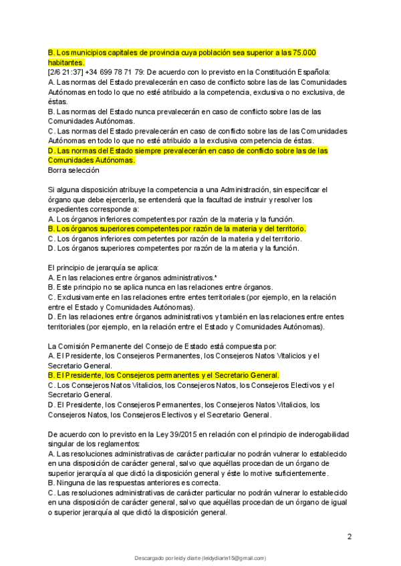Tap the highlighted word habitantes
coord(65,62)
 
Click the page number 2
coord(350,536)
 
